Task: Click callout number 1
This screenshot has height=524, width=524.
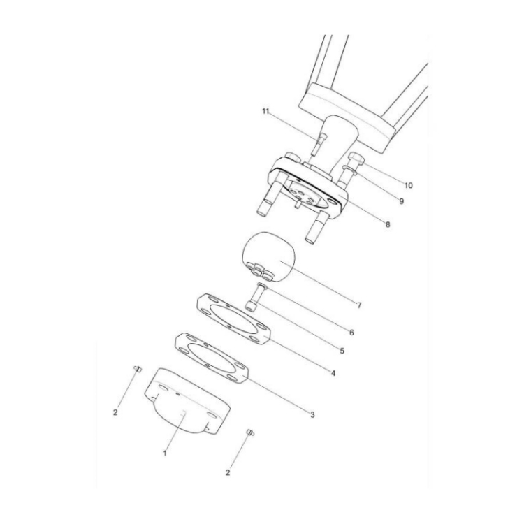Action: (166, 453)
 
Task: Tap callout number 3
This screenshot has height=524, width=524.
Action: (312, 414)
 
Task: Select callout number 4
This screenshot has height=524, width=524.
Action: (333, 373)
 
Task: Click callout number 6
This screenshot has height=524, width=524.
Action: (351, 333)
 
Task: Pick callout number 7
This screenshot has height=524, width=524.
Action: (358, 305)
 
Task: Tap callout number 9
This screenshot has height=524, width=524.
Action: (402, 201)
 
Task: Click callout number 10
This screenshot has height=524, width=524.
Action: (409, 186)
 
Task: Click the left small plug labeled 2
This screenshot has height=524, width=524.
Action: (138, 368)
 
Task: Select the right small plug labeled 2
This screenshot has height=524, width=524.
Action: (249, 434)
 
